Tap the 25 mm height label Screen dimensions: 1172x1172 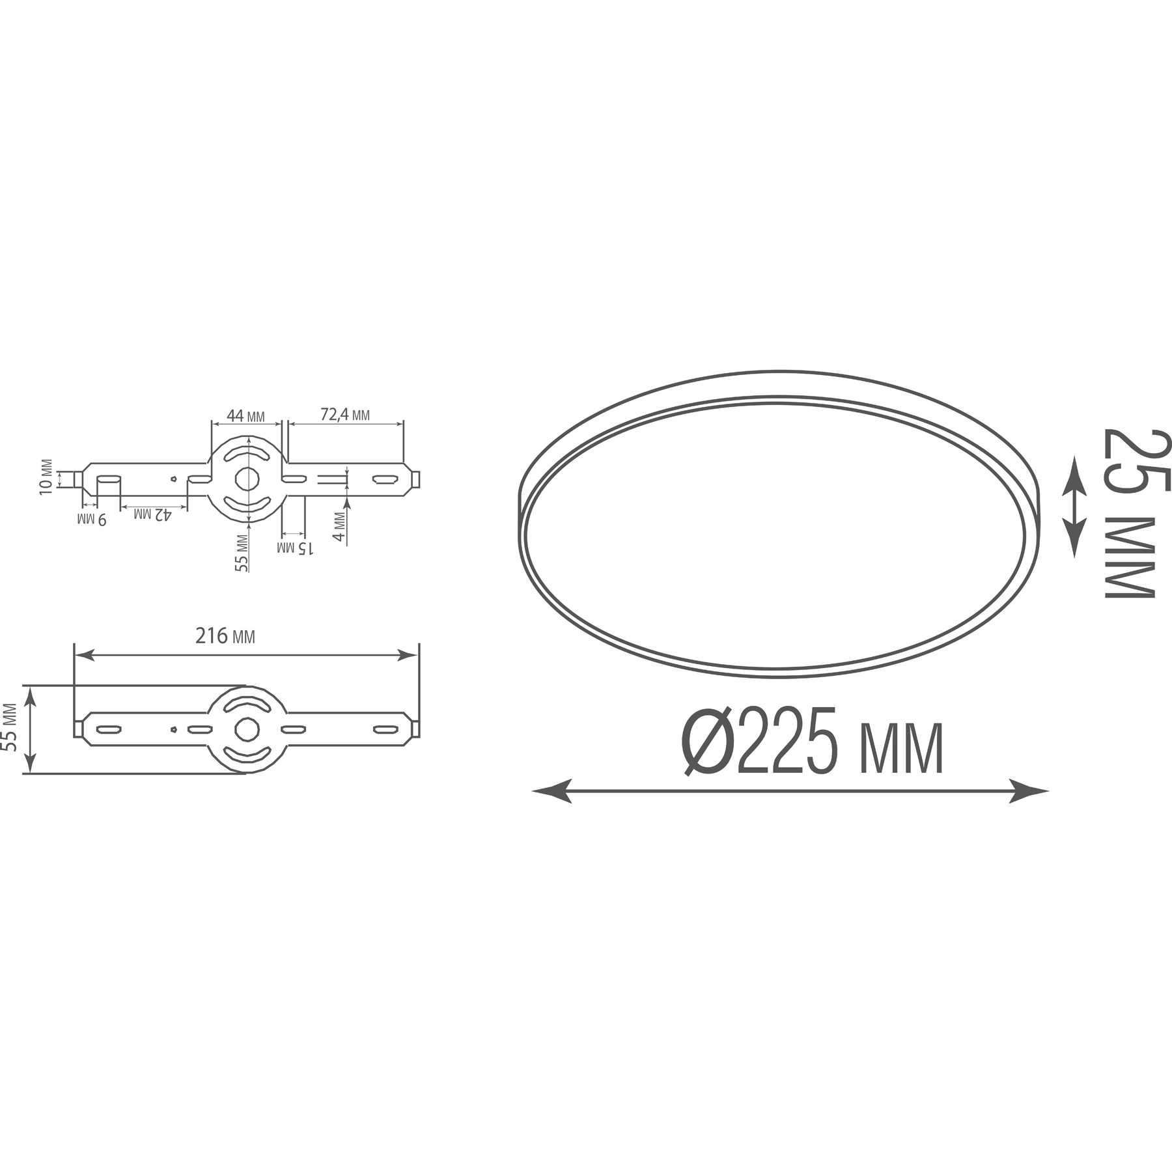pos(1129,512)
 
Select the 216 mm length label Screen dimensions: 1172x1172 pos(225,635)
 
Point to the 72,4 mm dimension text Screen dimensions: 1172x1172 pos(345,414)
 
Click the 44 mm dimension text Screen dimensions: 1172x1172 pos(245,415)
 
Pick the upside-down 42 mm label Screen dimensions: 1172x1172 pos(153,514)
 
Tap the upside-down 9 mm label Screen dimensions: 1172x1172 pos(91,519)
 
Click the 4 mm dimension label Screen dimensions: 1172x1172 pos(338,527)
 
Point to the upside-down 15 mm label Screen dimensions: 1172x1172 pos(296,548)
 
